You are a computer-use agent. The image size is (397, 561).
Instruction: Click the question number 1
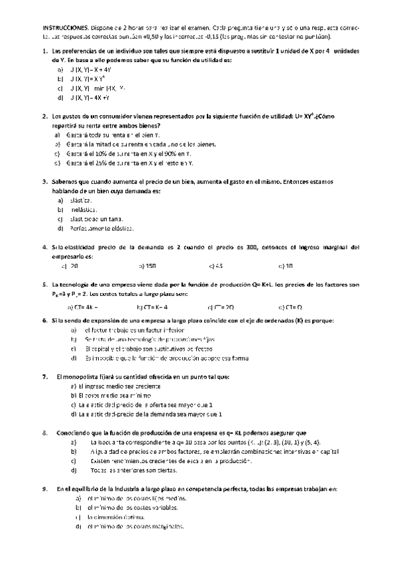coord(44,51)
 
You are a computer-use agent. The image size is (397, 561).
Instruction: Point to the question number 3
coord(44,181)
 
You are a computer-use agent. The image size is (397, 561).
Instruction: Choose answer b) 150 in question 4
coord(147,266)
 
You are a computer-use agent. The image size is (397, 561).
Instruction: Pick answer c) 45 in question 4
coord(215,266)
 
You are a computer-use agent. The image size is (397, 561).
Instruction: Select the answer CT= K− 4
coord(152,307)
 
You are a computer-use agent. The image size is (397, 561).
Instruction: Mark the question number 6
coord(44,321)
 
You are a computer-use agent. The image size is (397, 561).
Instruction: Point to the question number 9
coord(44,489)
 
